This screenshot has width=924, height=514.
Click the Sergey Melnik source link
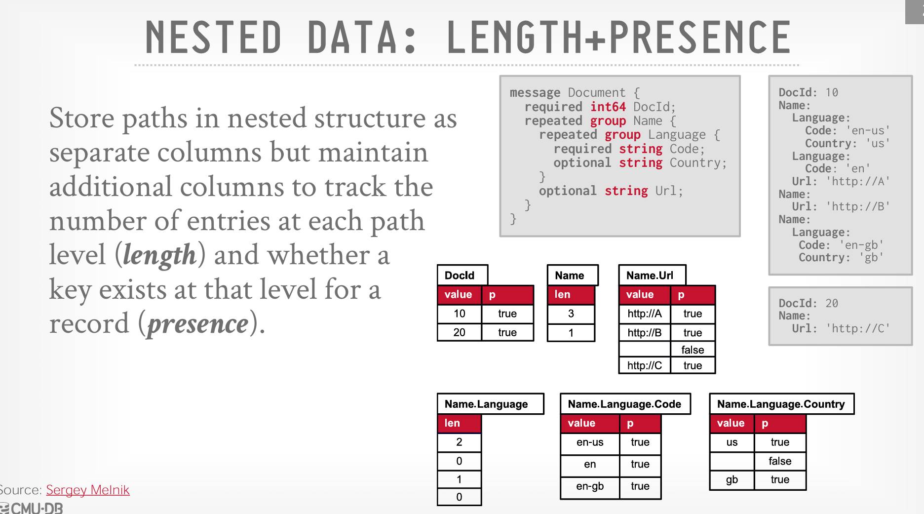click(x=87, y=490)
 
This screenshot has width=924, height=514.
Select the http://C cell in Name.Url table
click(x=645, y=365)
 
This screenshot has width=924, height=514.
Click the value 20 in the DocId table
click(x=459, y=332)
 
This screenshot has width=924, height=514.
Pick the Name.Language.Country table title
click(x=781, y=404)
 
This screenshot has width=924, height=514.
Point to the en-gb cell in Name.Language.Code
click(x=590, y=486)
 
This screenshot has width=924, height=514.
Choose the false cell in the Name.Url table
click(x=693, y=350)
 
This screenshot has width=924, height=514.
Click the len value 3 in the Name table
click(x=571, y=314)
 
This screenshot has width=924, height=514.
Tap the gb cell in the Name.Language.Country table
click(x=732, y=479)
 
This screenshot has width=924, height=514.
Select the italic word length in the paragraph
click(x=159, y=255)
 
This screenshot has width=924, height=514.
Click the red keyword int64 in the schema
click(x=608, y=107)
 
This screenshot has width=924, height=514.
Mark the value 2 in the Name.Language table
click(x=459, y=442)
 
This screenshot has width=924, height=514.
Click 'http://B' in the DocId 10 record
click(x=858, y=206)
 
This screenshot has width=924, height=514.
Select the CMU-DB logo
click(x=32, y=508)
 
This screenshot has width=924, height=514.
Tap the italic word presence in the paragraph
click(x=198, y=324)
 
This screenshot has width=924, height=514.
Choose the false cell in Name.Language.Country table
click(x=780, y=461)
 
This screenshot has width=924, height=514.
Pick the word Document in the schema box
click(x=596, y=92)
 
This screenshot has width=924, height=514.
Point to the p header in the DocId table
click(x=507, y=295)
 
